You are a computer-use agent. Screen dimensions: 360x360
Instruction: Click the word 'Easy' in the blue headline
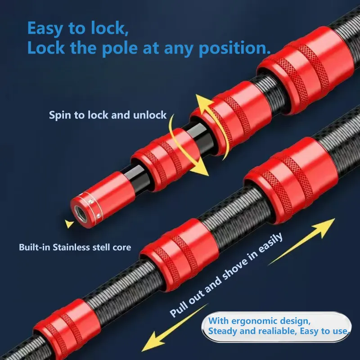45,29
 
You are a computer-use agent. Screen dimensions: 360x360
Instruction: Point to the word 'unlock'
150,115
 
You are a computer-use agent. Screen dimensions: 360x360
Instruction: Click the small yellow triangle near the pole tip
69,223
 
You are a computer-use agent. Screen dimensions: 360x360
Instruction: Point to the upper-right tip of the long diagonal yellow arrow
335,219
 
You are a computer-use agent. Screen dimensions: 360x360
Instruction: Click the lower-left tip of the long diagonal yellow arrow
142,351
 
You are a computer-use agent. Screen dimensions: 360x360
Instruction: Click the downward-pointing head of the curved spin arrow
199,171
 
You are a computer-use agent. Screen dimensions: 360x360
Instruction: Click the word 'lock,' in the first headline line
109,28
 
